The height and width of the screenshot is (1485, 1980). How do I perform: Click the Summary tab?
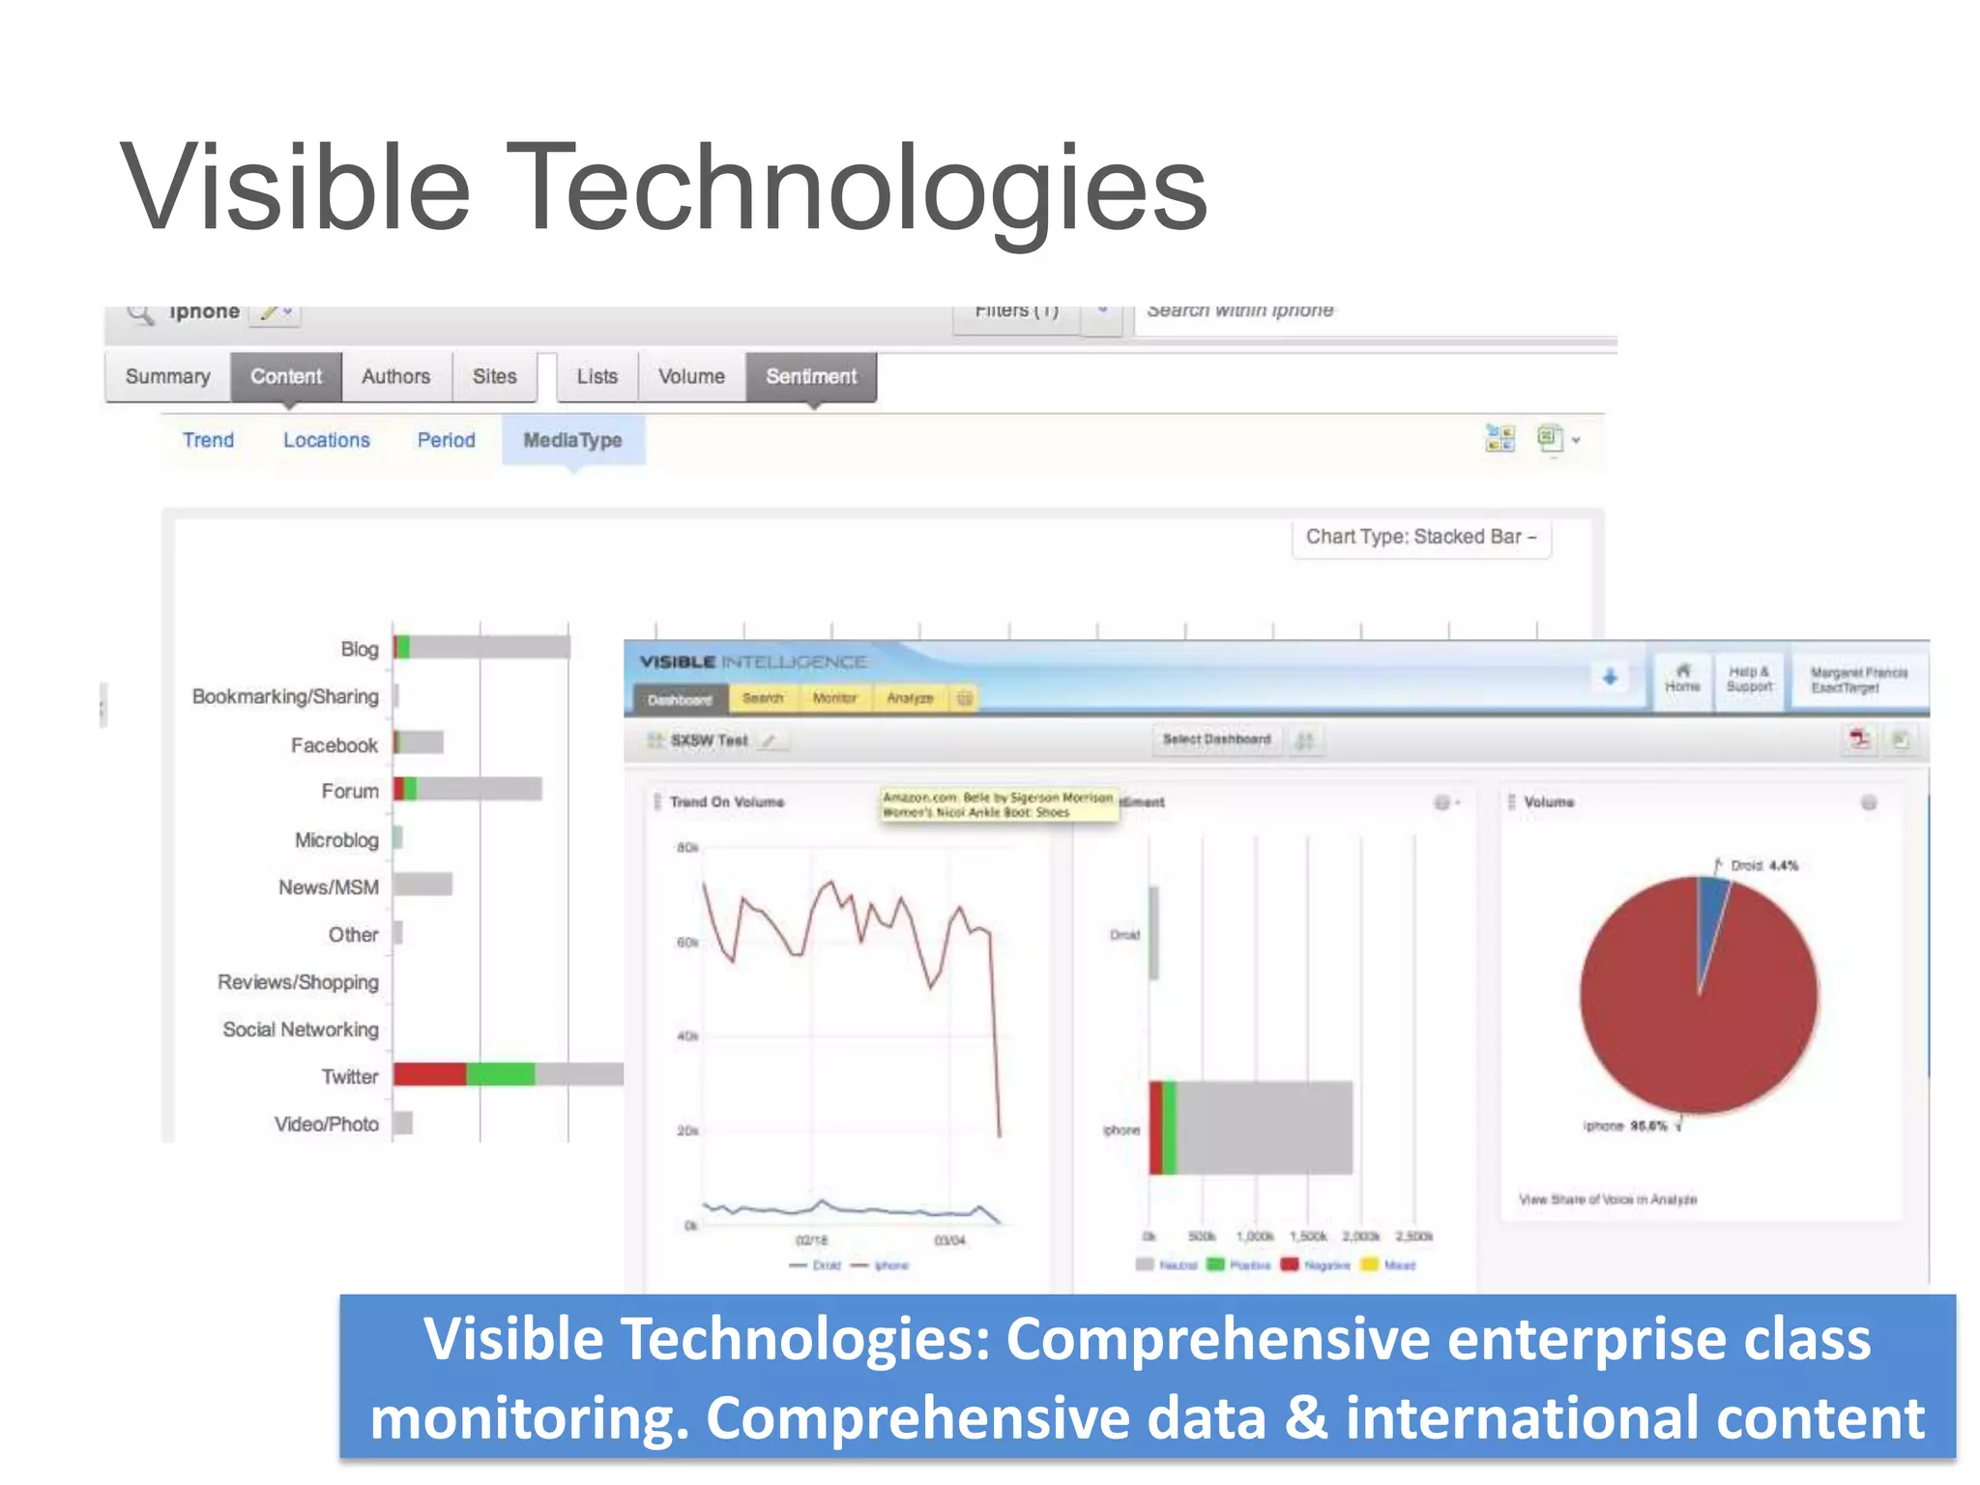167,376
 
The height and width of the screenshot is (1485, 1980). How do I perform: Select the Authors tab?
395,376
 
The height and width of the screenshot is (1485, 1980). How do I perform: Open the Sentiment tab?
811,376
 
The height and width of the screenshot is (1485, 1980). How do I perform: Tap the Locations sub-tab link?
326,440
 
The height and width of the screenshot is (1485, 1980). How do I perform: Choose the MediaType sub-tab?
572,440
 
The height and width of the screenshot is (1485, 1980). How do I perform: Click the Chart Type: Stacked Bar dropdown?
1420,538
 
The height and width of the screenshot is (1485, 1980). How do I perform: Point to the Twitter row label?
349,1076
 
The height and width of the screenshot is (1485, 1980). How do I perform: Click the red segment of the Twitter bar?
429,1074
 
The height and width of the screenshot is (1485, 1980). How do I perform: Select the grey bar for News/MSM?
422,884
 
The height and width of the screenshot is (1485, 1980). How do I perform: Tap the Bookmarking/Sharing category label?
285,696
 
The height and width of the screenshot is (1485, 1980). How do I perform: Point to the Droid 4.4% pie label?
1763,865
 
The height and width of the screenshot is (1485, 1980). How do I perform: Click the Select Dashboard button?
1216,740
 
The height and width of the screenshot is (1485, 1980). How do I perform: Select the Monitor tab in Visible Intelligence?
834,698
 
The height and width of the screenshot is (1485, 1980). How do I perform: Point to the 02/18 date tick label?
811,1240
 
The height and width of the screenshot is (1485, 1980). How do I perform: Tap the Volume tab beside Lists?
691,376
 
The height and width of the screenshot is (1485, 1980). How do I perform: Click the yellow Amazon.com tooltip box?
998,804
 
